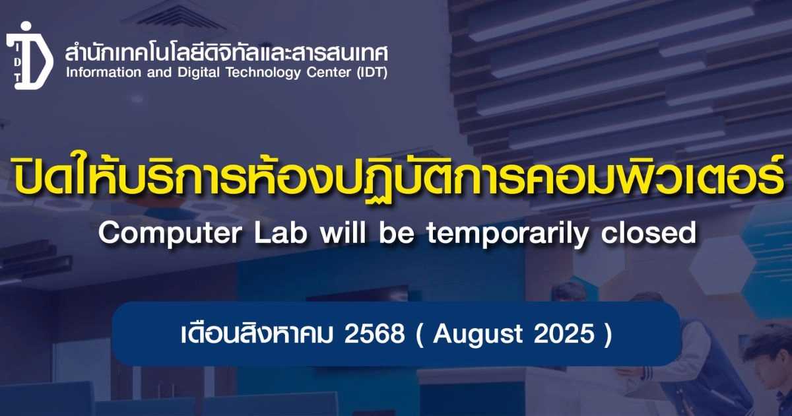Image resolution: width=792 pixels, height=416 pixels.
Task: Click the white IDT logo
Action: [30, 56]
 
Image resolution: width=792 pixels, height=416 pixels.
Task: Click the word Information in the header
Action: [104, 73]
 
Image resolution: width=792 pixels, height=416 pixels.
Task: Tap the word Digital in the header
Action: [199, 73]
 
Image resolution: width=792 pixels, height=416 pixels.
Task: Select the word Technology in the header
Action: [263, 73]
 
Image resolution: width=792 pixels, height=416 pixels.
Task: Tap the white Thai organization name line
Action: [226, 53]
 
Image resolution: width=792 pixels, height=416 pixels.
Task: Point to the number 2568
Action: [374, 333]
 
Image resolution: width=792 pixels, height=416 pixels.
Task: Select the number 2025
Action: [564, 333]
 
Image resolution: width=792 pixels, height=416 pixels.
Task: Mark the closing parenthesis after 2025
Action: [609, 334]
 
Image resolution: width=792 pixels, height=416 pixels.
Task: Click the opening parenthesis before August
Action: [420, 334]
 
